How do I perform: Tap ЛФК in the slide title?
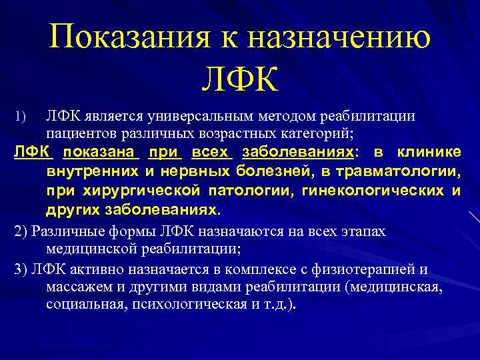click(240, 79)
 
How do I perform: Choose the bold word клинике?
click(429, 152)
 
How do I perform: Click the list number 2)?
click(20, 231)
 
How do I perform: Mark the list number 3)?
click(20, 269)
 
